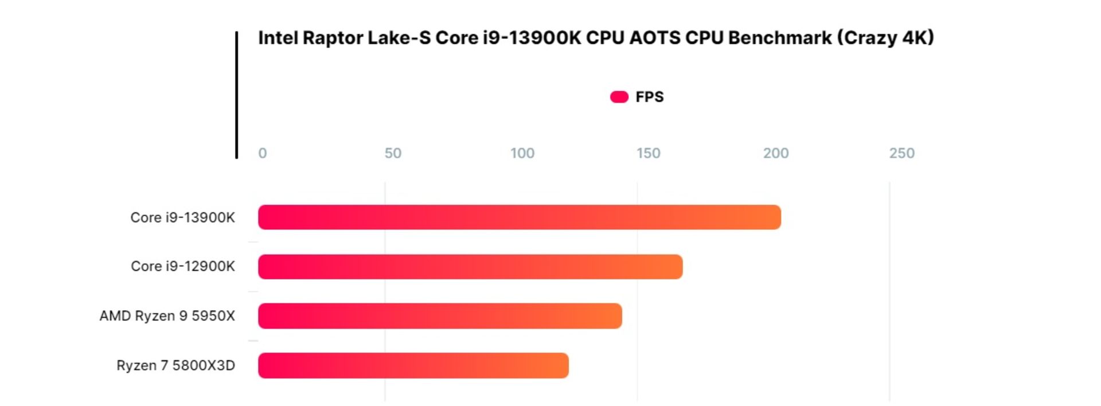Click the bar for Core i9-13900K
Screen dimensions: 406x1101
pyautogui.click(x=519, y=217)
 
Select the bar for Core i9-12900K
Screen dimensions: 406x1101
pyautogui.click(x=470, y=267)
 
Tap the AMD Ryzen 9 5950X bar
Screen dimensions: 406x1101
pyautogui.click(x=440, y=316)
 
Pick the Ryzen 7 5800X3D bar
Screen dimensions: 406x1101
pyautogui.click(x=413, y=365)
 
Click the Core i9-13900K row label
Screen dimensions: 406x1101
pyautogui.click(x=182, y=218)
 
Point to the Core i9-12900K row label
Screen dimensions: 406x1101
pyautogui.click(x=182, y=267)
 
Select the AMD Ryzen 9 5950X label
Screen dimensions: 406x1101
pyautogui.click(x=167, y=316)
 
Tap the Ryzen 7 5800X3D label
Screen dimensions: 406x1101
pyautogui.click(x=175, y=365)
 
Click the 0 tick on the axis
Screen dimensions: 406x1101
pyautogui.click(x=262, y=153)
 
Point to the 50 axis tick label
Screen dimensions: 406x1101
pyautogui.click(x=393, y=153)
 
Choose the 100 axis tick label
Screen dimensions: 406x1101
pyautogui.click(x=522, y=153)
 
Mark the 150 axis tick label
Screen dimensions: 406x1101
pyautogui.click(x=648, y=153)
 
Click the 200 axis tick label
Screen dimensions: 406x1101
pyautogui.click(x=775, y=153)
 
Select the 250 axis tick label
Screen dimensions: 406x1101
pyautogui.click(x=901, y=153)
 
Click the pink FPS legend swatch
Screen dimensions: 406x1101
pyautogui.click(x=619, y=97)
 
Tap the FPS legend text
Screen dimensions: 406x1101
pyautogui.click(x=649, y=97)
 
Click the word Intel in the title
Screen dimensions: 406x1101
pyautogui.click(x=278, y=38)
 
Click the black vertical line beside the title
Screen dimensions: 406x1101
pyautogui.click(x=236, y=95)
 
